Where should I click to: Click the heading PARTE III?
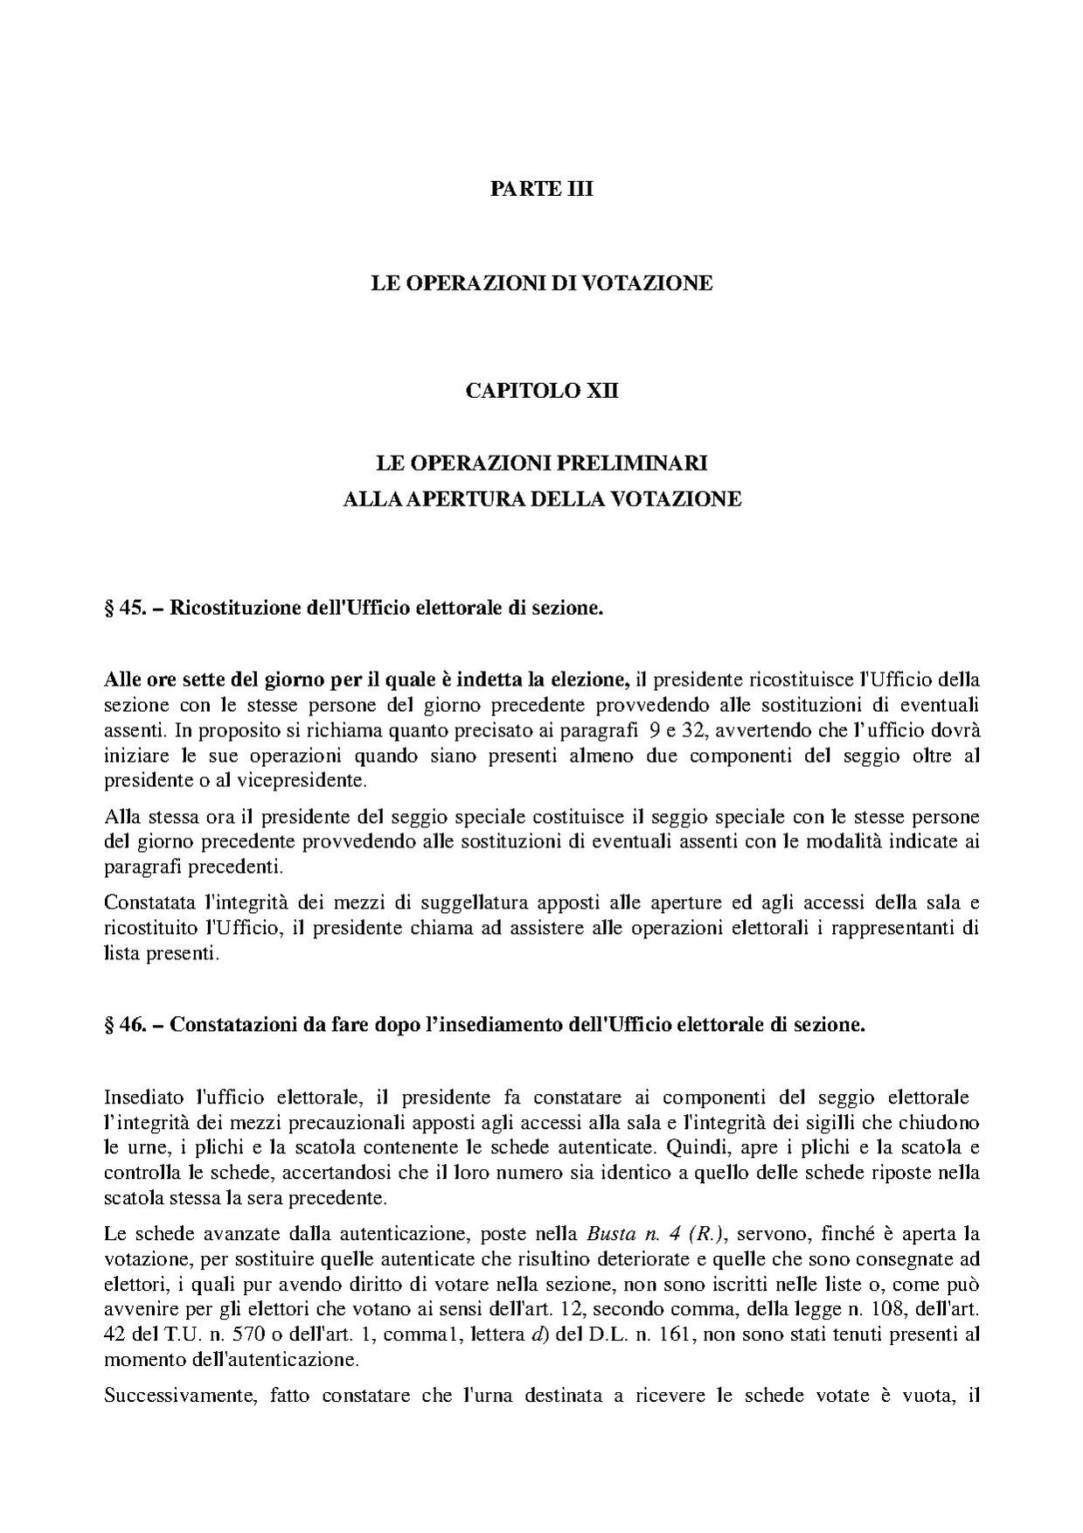(x=541, y=189)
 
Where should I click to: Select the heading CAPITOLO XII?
(x=541, y=390)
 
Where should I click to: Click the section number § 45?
(x=124, y=609)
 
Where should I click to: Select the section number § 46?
(x=124, y=1025)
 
